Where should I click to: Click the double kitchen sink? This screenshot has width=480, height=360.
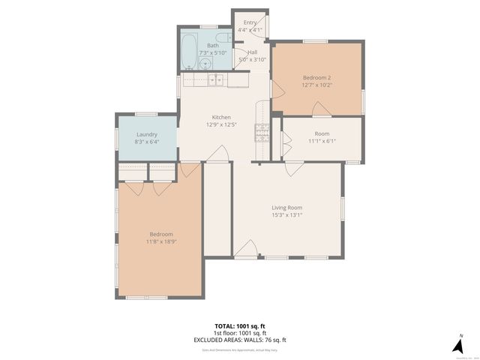(215, 79)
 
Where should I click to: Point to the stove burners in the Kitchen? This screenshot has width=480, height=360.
(262, 133)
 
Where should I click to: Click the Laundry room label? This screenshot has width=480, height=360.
(147, 134)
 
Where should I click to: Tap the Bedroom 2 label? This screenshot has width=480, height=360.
(316, 78)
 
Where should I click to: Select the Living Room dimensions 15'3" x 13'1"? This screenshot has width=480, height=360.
(286, 215)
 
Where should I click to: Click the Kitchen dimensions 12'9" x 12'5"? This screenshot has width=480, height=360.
(220, 124)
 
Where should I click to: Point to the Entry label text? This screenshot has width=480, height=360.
(250, 22)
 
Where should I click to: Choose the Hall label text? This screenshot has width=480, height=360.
(253, 52)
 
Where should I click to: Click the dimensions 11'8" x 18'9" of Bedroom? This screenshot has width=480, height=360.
(161, 241)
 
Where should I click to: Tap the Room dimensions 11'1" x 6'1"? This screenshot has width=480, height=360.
(322, 140)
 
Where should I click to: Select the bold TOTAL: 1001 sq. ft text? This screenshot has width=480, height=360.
(240, 326)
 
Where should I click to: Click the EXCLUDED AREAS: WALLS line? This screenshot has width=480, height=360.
(240, 340)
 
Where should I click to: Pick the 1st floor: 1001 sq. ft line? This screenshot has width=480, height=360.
(240, 333)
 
